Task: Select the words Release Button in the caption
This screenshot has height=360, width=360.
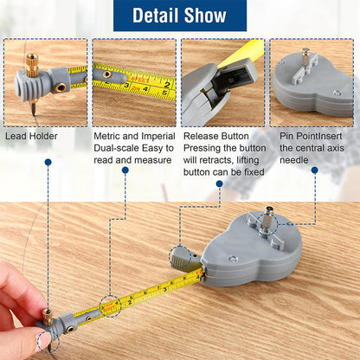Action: click(x=215, y=136)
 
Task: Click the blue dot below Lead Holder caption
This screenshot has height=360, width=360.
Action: click(x=48, y=162)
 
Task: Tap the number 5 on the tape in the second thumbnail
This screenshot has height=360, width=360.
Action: click(x=164, y=88)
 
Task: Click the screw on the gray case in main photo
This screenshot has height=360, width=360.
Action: click(x=232, y=257)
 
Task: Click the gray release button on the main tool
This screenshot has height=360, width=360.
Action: click(x=183, y=255)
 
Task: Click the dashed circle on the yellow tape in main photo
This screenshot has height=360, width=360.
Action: click(x=110, y=305)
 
